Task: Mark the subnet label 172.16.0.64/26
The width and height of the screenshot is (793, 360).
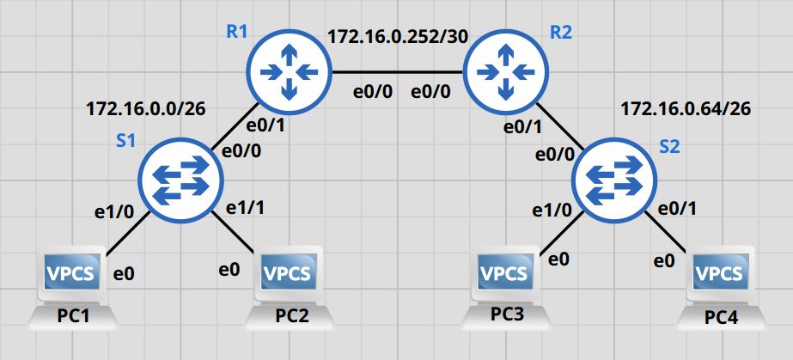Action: pos(686,109)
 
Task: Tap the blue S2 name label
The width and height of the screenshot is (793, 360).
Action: pos(669,146)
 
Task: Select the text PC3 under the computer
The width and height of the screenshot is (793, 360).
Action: pos(507,314)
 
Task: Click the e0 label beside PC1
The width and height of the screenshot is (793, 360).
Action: pos(125,275)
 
